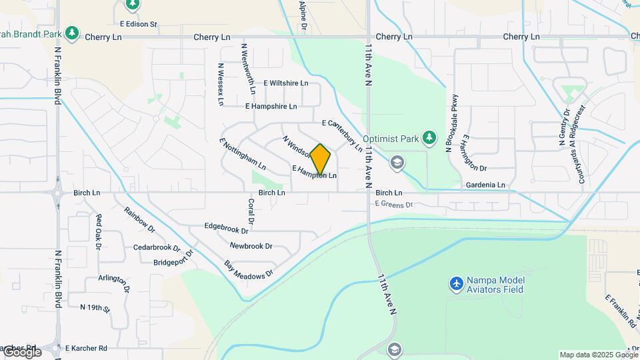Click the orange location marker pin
point(321,159)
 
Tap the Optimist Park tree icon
point(430,138)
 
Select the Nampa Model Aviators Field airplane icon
point(457,284)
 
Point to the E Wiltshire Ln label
point(285,83)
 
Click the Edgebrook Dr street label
point(226,228)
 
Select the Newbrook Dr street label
point(251,246)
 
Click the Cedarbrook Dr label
point(157,247)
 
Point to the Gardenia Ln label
point(485,185)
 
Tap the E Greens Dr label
point(394,204)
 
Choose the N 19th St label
point(95,307)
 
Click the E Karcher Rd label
point(86,348)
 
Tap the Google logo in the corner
point(21,352)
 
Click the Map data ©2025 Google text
point(599,355)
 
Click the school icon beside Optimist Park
point(397,162)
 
